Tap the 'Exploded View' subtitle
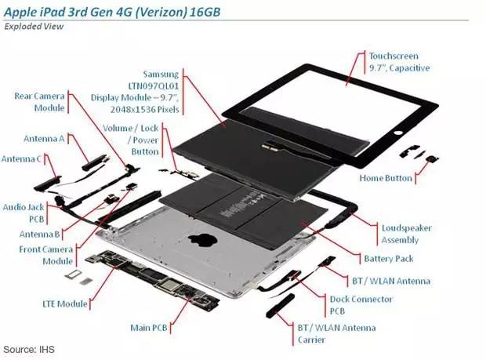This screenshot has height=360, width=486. coord(34,26)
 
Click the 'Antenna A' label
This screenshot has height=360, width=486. coord(43,139)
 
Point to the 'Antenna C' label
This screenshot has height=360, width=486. coord(21,159)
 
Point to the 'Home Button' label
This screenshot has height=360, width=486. coord(386,178)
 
